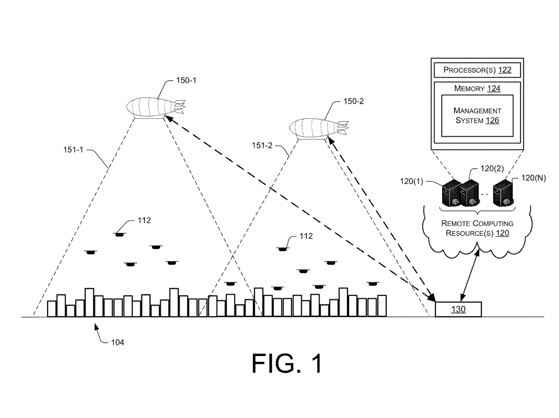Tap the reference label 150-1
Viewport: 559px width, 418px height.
(186, 80)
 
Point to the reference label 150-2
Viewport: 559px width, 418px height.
(353, 101)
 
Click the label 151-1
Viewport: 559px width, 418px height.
(73, 150)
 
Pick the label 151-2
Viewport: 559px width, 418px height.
(262, 145)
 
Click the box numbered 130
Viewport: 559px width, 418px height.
(458, 309)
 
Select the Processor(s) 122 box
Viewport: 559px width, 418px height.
(477, 70)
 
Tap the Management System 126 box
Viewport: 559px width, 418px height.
(477, 116)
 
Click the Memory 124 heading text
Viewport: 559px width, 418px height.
(477, 88)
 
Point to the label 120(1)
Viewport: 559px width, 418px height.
(411, 181)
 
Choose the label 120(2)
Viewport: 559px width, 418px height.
(492, 169)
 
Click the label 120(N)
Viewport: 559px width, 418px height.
(533, 178)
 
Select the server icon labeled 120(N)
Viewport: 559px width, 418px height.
(503, 193)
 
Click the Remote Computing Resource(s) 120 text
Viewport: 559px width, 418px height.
(477, 228)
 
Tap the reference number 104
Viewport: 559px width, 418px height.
(117, 342)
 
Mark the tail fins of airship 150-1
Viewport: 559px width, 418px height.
(179, 106)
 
